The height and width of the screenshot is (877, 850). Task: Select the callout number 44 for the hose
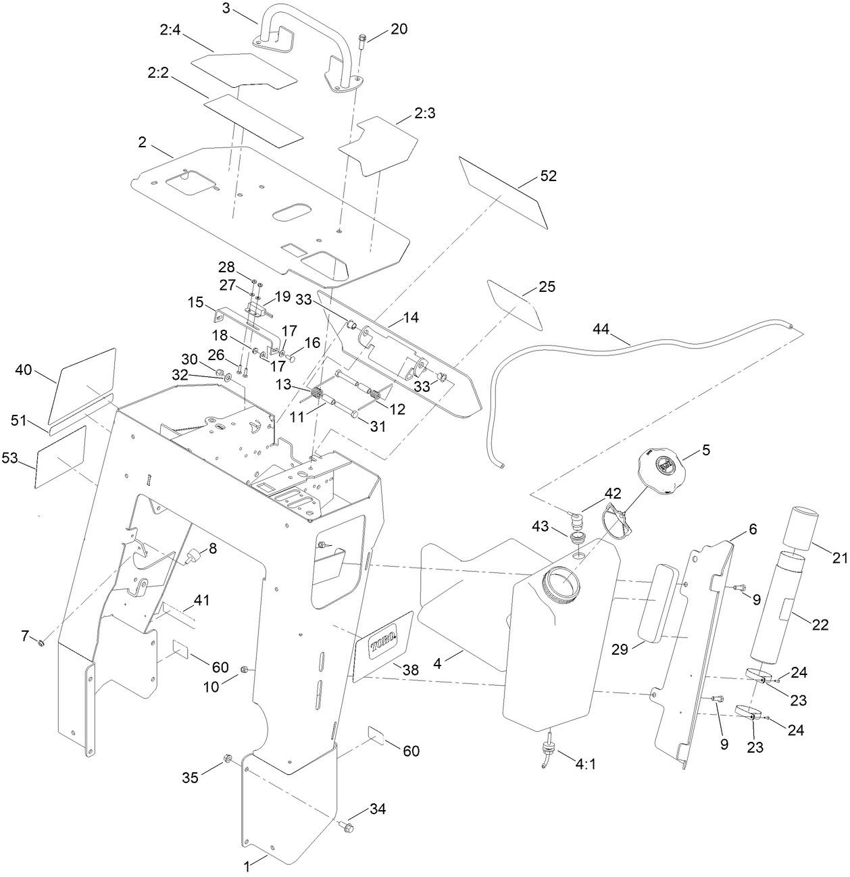tap(601, 329)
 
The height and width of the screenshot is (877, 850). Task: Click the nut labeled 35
tap(228, 761)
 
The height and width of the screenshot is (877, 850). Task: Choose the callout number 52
tap(548, 176)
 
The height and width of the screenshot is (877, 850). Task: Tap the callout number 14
tap(411, 315)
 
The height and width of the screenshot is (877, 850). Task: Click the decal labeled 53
tap(61, 457)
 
